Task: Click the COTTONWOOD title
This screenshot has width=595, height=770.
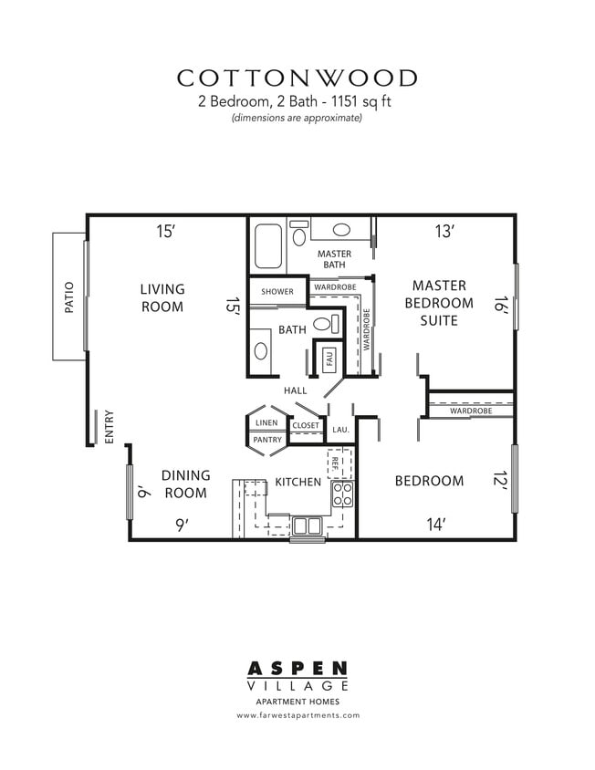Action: pos(297,78)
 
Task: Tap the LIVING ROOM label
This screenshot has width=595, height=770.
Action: pos(162,298)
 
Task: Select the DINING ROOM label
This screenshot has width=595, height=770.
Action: pos(185,484)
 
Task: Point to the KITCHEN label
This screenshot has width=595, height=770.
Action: pos(298,482)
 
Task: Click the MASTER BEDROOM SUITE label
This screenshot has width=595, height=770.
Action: pos(439,303)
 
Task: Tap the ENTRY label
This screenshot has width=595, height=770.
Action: pos(110,426)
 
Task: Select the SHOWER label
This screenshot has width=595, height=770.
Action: pos(277,292)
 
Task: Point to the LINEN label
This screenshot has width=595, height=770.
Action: pos(266,423)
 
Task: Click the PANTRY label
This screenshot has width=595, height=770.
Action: pos(267,440)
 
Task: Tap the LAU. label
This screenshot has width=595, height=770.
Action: pos(340,429)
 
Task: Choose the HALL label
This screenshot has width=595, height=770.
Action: pos(296,390)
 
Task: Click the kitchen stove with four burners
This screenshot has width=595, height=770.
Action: pos(342,494)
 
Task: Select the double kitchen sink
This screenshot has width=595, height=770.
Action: pos(307,525)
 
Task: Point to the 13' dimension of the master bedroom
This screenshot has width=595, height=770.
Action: pos(444,232)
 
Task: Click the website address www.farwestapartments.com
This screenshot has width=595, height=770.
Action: pos(297,715)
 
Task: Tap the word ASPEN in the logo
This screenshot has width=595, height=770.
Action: pos(297,671)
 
